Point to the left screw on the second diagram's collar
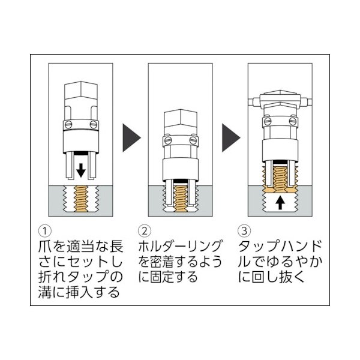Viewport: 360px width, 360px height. click(167, 142)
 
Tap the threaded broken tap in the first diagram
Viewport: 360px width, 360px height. click(80, 198)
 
